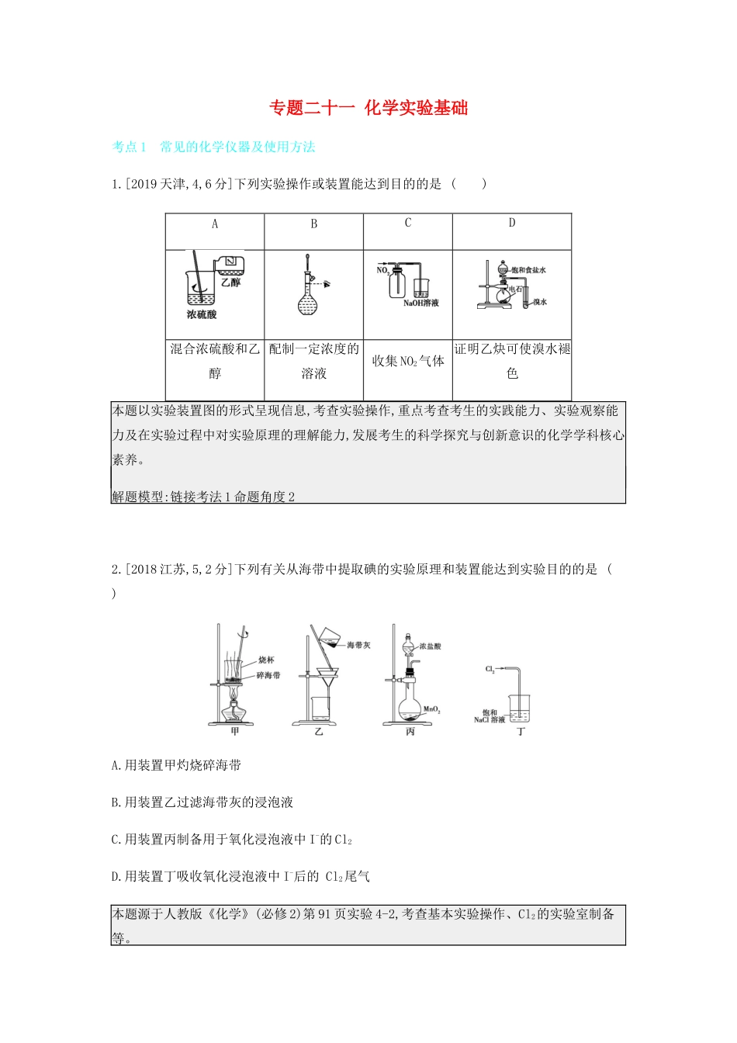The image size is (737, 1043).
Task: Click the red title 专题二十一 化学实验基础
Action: click(x=368, y=108)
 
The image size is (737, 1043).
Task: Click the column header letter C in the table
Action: click(x=408, y=223)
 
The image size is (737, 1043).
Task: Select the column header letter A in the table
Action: click(x=215, y=224)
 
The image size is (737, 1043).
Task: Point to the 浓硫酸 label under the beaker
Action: click(x=202, y=315)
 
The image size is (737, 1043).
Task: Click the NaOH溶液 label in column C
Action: click(x=421, y=303)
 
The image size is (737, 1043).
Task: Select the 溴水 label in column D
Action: click(x=540, y=302)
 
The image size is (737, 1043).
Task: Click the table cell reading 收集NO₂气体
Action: click(x=408, y=361)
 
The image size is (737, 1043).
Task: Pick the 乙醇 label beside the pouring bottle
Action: click(x=230, y=282)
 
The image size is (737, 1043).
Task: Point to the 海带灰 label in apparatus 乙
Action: click(x=358, y=645)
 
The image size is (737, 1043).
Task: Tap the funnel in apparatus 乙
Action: click(x=327, y=677)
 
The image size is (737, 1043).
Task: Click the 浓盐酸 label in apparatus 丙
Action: click(x=431, y=646)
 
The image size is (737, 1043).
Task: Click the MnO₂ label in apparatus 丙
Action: click(x=432, y=709)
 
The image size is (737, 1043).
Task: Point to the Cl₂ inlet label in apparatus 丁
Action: click(x=490, y=669)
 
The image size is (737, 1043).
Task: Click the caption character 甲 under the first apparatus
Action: click(x=235, y=731)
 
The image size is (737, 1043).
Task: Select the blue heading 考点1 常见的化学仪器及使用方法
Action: click(x=213, y=147)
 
